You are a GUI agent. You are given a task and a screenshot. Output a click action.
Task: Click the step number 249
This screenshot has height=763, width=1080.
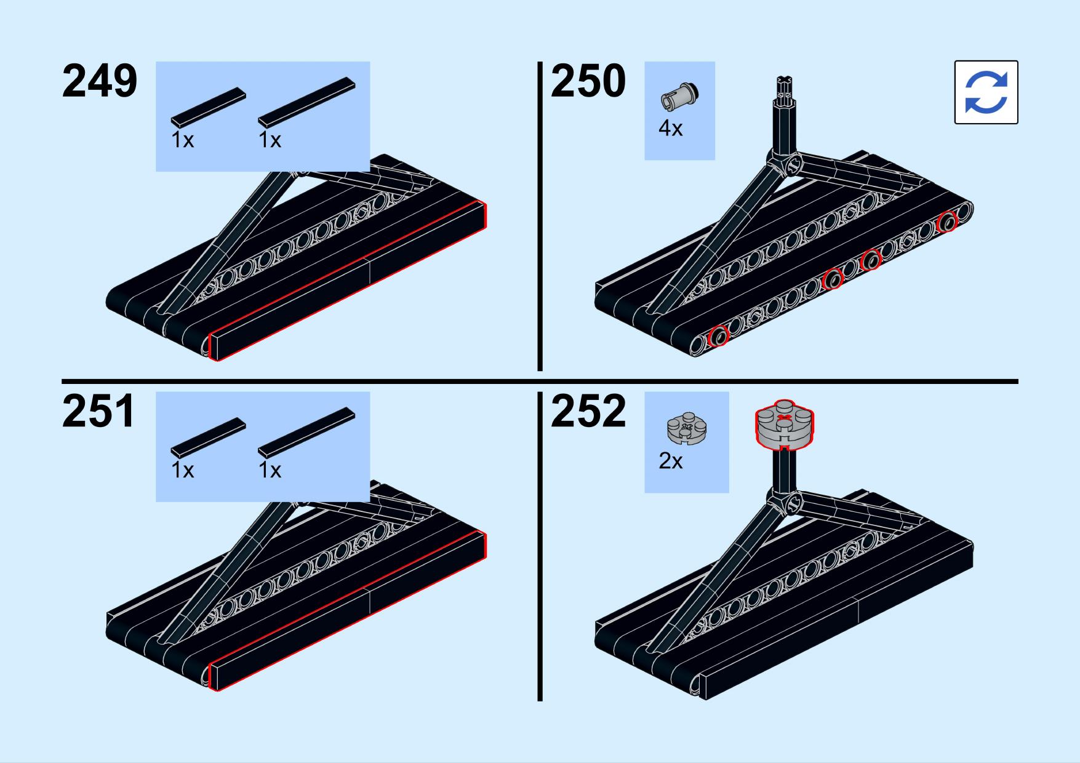click(99, 81)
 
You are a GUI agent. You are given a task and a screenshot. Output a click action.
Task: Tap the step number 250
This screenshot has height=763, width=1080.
click(588, 81)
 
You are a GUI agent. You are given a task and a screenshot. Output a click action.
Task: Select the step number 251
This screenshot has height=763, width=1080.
click(98, 412)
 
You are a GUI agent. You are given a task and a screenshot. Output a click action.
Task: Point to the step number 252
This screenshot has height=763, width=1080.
click(588, 412)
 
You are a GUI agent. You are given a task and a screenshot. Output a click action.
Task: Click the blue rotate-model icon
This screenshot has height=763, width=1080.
click(986, 92)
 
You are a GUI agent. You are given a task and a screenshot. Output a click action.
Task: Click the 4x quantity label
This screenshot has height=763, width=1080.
click(670, 129)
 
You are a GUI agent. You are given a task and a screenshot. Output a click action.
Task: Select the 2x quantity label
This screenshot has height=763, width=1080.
click(670, 461)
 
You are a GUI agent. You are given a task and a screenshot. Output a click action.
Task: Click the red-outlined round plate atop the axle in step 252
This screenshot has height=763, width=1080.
click(784, 425)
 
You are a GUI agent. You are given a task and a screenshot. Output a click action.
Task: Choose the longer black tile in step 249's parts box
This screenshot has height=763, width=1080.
click(306, 102)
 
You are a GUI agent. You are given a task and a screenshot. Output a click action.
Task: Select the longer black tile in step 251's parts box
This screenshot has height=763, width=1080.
click(306, 432)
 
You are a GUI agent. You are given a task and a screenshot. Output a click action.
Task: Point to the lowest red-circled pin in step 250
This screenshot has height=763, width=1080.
click(718, 337)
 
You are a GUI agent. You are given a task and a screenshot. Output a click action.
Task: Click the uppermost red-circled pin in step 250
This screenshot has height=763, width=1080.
click(947, 222)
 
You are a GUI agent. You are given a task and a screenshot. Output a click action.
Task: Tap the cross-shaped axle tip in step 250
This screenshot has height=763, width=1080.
click(785, 83)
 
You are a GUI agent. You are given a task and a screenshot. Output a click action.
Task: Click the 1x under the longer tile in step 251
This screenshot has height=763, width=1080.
click(270, 471)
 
